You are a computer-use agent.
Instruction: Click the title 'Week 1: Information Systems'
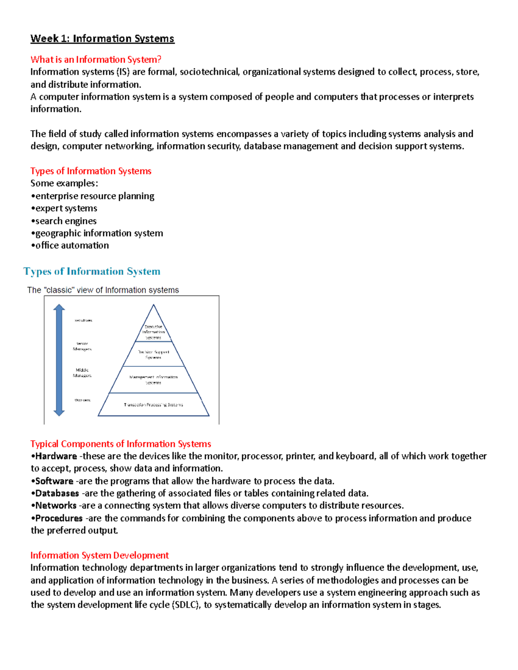click(x=102, y=39)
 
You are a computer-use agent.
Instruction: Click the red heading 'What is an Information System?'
click(x=96, y=60)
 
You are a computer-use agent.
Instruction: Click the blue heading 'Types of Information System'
click(x=92, y=271)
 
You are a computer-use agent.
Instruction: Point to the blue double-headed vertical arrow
click(x=59, y=360)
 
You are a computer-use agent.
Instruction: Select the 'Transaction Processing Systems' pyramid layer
click(x=153, y=405)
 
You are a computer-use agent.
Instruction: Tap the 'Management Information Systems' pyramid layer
click(x=153, y=380)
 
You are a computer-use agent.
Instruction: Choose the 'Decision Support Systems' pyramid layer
click(x=153, y=354)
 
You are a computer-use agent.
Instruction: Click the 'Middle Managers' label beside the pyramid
click(x=82, y=373)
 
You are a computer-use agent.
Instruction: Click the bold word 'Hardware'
click(x=56, y=456)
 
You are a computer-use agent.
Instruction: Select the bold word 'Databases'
click(x=57, y=494)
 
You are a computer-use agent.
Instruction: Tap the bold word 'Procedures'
click(x=59, y=518)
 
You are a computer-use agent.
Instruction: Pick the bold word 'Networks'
click(x=56, y=506)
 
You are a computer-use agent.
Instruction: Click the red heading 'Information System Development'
click(x=99, y=555)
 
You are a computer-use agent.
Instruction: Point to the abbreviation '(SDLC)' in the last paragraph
click(x=186, y=605)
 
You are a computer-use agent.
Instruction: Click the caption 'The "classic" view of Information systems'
click(x=103, y=290)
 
